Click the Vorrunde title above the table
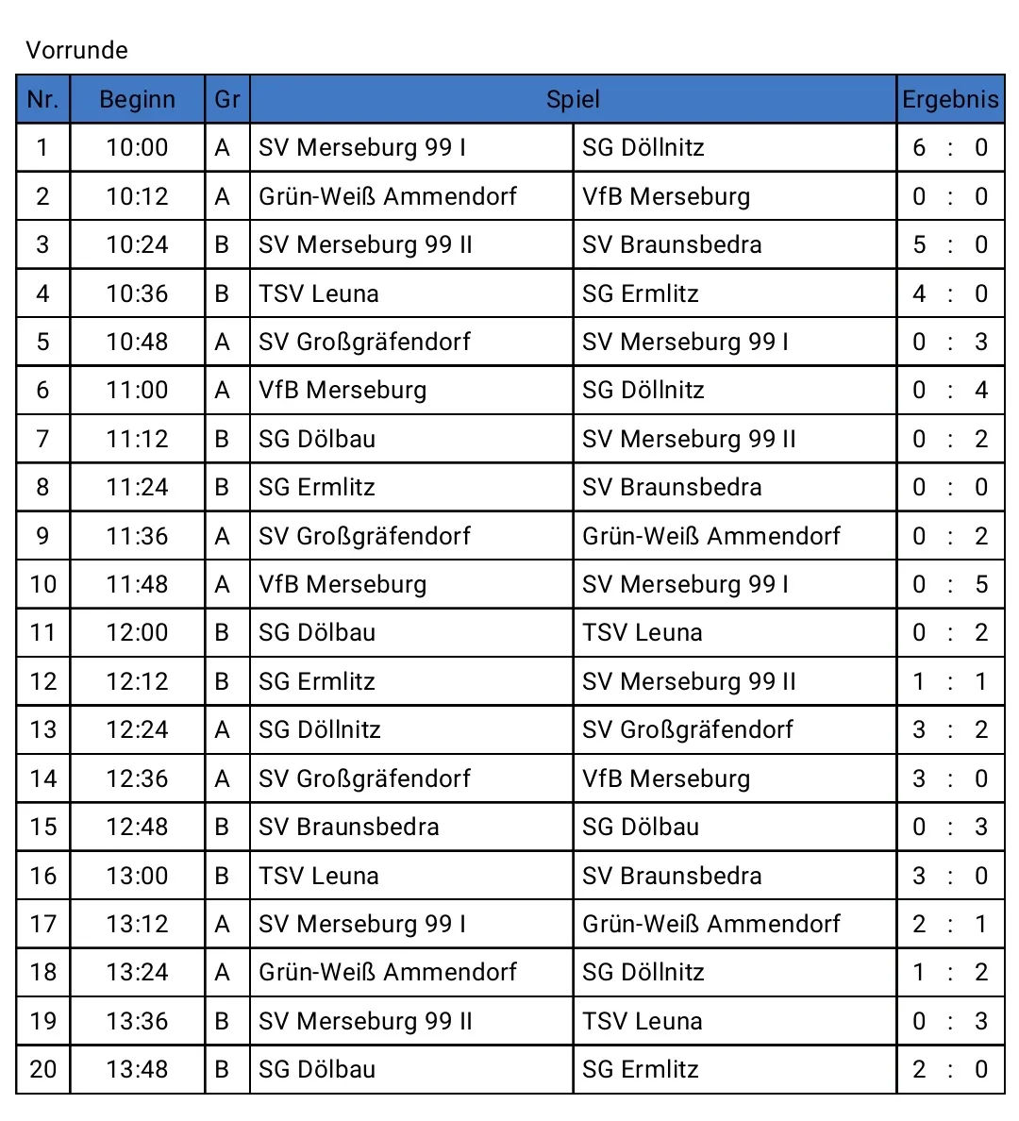click(76, 50)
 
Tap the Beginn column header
click(137, 99)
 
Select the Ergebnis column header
click(949, 99)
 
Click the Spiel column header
click(573, 99)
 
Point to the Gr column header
click(226, 99)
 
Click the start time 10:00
click(137, 147)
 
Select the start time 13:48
click(137, 1069)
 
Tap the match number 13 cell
click(43, 729)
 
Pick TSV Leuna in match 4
click(319, 293)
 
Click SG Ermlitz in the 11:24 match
click(317, 487)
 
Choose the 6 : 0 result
click(949, 147)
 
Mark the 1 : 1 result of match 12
click(949, 681)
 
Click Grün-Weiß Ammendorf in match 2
click(388, 196)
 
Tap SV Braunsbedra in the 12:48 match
click(349, 827)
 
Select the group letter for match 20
click(223, 1069)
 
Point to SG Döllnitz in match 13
click(320, 729)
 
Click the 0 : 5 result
click(949, 584)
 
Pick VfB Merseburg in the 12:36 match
click(666, 778)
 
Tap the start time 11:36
click(137, 536)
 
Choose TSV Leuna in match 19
click(643, 1021)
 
